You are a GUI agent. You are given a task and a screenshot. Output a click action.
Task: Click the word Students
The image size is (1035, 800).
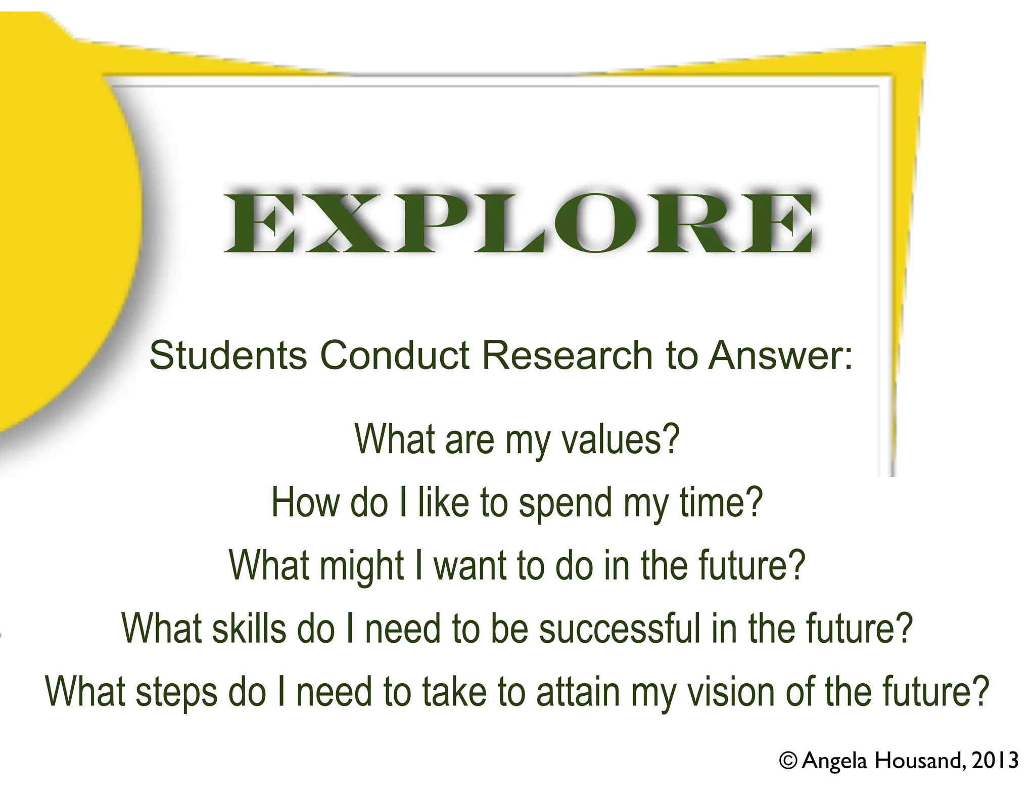tap(228, 355)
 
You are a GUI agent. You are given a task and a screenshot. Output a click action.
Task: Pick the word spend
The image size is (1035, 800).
tap(566, 503)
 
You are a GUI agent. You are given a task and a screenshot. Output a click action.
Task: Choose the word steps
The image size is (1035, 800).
tap(176, 692)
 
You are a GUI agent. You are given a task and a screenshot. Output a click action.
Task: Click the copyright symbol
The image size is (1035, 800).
tap(788, 761)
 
